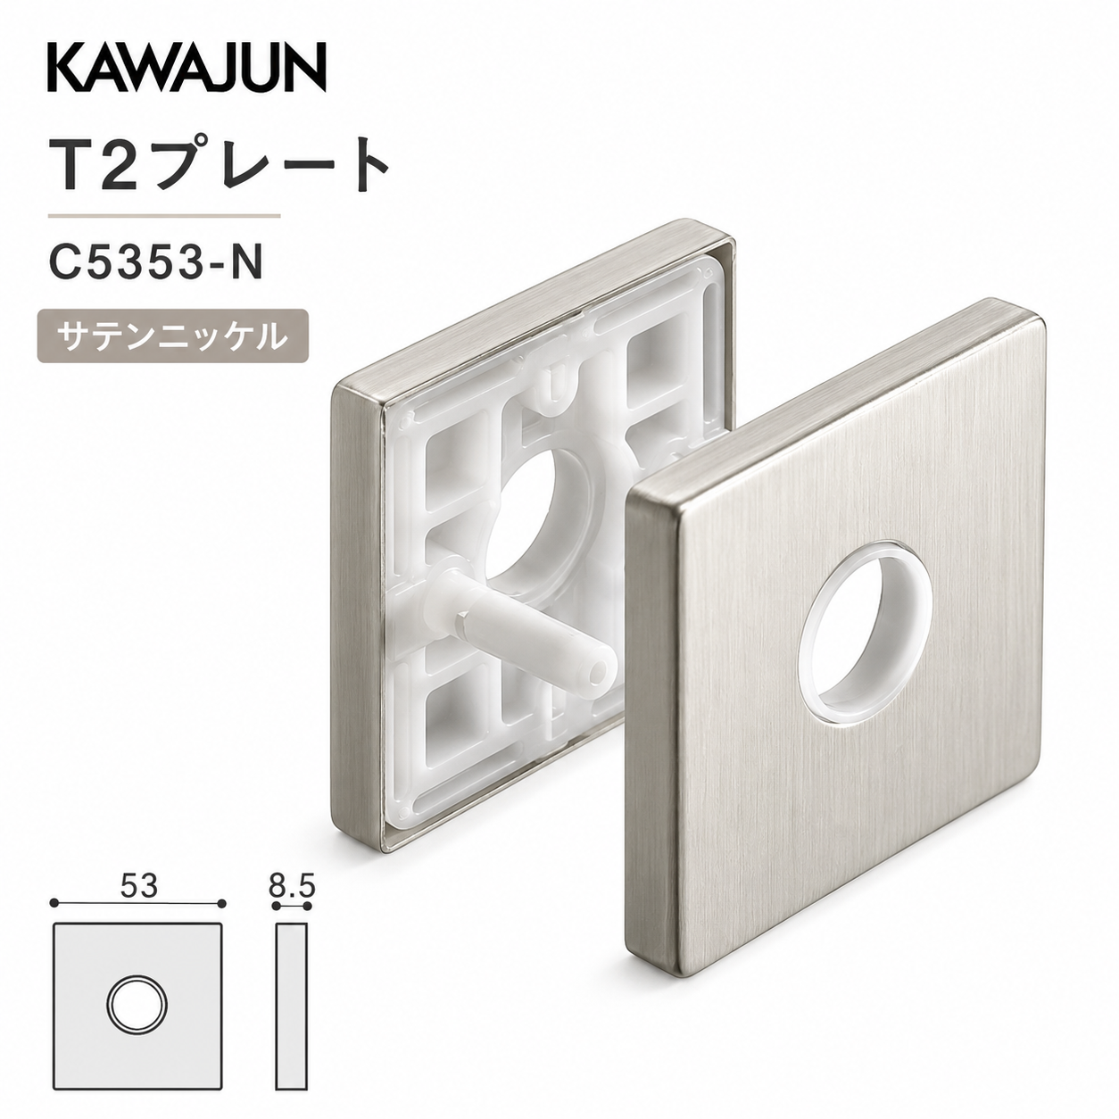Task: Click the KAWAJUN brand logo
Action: [186, 69]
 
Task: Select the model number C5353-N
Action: [156, 262]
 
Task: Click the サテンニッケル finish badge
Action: [173, 336]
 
